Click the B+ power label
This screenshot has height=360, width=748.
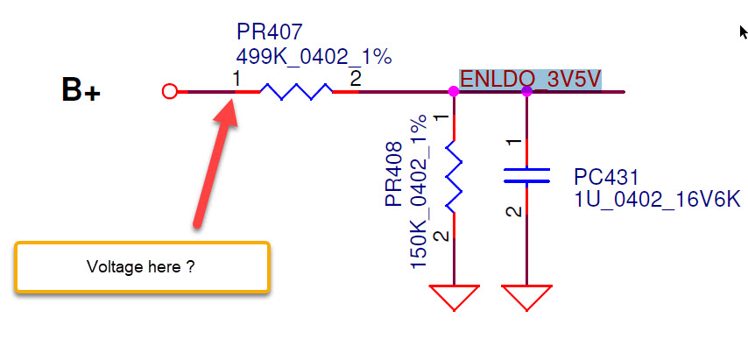(81, 90)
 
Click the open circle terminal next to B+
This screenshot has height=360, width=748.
(171, 91)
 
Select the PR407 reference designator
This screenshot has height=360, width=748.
(269, 33)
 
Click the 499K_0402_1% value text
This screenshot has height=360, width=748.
(314, 57)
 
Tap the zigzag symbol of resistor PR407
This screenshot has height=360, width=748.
(294, 91)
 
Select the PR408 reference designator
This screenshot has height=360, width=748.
(395, 173)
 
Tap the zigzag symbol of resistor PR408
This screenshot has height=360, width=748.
(452, 175)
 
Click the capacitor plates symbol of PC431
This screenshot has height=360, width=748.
(526, 175)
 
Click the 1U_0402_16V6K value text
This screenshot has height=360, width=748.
(657, 201)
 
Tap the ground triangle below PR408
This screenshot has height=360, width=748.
(452, 296)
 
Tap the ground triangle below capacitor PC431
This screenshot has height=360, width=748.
(526, 296)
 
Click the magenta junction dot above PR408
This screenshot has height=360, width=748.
(453, 91)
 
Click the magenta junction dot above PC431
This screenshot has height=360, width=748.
(526, 91)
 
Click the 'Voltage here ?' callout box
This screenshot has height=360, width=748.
(141, 266)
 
